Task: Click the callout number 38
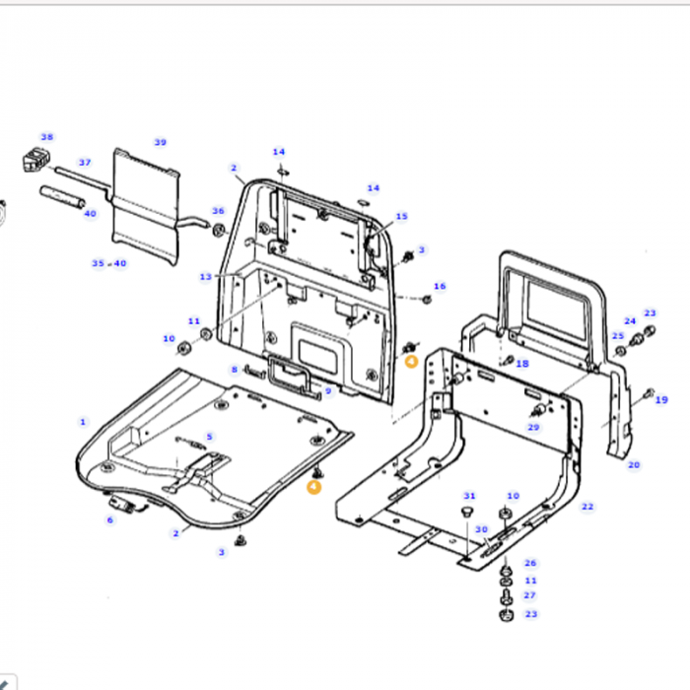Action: (x=46, y=137)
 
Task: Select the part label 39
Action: (x=161, y=141)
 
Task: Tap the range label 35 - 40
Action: (x=108, y=263)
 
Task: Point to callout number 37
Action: (x=85, y=163)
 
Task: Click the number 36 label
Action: (x=218, y=211)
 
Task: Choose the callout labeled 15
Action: (x=401, y=216)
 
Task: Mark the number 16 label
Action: (x=440, y=287)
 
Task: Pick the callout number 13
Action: (x=205, y=277)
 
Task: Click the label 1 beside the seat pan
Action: (x=83, y=421)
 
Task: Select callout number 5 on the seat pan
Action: (x=209, y=437)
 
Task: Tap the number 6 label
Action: (x=110, y=519)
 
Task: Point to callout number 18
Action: (x=522, y=364)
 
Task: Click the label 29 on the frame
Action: (x=533, y=427)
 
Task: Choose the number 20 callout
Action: (x=633, y=464)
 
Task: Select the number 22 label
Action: (x=587, y=507)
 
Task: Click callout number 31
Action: (x=469, y=496)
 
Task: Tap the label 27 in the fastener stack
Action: (x=530, y=595)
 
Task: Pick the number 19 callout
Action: (x=660, y=400)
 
